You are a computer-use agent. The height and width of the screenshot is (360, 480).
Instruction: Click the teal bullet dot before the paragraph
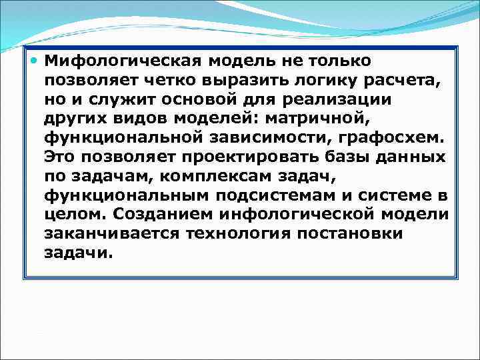35,61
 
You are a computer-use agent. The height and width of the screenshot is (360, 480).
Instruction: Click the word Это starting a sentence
61,157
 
